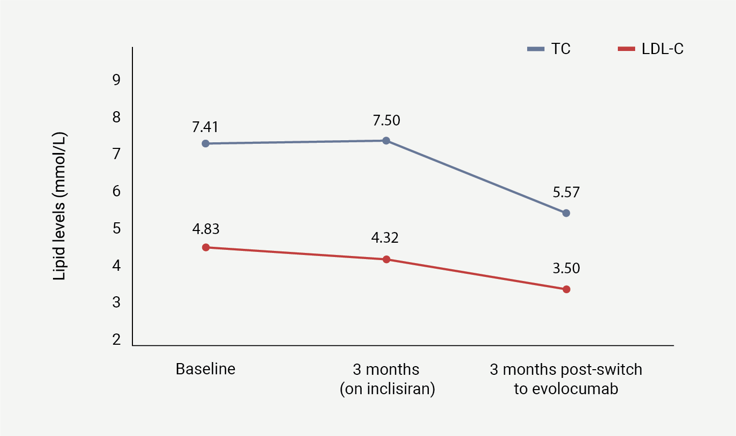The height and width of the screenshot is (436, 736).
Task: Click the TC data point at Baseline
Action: [206, 144]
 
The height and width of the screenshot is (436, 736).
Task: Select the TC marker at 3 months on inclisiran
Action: [386, 141]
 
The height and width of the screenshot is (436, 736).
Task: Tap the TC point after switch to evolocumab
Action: [566, 213]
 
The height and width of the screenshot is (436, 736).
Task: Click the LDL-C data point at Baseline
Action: [206, 247]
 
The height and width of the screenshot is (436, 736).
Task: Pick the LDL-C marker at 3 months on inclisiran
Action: [386, 260]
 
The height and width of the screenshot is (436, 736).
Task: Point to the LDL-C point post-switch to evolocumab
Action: [566, 290]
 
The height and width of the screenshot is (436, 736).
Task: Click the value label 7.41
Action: [205, 127]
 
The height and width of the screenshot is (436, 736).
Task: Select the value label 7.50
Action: [386, 121]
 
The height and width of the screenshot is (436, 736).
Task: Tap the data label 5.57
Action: [566, 193]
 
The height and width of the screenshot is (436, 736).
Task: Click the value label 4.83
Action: [206, 229]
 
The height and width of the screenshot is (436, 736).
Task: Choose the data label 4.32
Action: [385, 238]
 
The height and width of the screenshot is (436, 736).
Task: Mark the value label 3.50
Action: [566, 269]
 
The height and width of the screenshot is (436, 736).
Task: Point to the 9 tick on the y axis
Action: [117, 80]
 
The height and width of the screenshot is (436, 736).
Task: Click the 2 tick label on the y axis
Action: [117, 340]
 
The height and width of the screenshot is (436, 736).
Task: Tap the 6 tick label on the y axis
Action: [117, 191]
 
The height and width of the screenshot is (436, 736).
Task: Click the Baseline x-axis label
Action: [205, 369]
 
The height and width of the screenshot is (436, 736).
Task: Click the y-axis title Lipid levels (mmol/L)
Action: [60, 207]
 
